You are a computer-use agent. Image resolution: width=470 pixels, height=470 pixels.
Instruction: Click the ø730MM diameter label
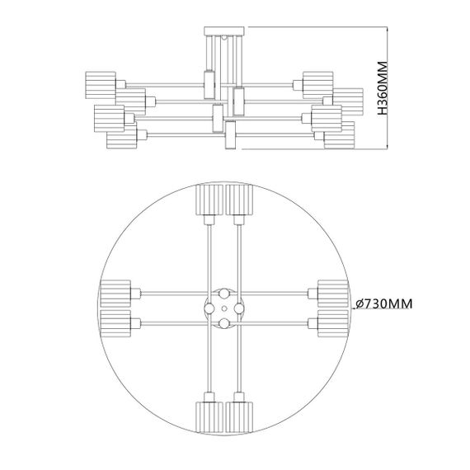click(383, 304)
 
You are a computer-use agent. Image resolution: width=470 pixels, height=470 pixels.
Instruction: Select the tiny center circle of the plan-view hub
click(223, 307)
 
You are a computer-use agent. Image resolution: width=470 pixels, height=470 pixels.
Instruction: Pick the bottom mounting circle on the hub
click(223, 321)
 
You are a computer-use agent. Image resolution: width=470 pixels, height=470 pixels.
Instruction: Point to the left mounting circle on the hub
click(209, 307)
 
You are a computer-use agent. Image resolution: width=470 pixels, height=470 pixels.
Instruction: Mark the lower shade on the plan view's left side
click(115, 322)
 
